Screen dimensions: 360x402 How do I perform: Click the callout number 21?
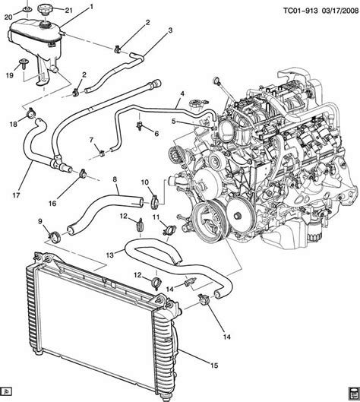(x=68, y=10)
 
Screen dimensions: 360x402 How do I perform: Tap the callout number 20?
(x=8, y=17)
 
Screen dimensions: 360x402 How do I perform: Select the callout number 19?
(x=9, y=76)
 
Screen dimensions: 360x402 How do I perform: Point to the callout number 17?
(x=16, y=195)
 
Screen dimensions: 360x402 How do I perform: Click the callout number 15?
(x=214, y=365)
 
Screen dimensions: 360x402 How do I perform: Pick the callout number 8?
(x=115, y=179)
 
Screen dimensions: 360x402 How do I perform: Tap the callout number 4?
(x=182, y=93)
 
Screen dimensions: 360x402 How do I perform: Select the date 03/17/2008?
(x=339, y=11)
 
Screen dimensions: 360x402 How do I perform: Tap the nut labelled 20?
(x=27, y=9)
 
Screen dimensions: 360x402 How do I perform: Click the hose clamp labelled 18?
(x=31, y=112)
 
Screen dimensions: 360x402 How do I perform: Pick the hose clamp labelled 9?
(x=54, y=236)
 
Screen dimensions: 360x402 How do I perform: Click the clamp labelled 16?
(x=83, y=173)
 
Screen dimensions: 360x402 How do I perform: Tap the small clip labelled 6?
(x=140, y=126)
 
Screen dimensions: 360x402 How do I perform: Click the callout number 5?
(x=174, y=121)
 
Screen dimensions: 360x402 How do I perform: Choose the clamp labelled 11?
(x=169, y=229)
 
